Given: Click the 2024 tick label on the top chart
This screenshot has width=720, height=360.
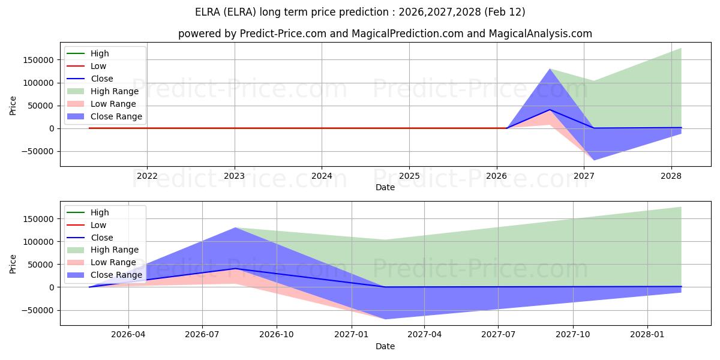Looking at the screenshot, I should click(322, 176).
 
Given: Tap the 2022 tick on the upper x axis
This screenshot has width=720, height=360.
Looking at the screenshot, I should click(147, 176).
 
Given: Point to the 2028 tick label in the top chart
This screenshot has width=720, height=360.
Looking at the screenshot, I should click(671, 176).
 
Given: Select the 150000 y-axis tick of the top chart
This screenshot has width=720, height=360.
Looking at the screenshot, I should click(37, 60).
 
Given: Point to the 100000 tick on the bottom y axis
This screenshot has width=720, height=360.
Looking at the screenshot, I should click(37, 242).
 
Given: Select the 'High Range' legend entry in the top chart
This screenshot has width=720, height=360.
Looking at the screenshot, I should click(114, 91).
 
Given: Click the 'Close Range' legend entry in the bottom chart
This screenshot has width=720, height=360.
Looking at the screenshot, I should click(116, 275).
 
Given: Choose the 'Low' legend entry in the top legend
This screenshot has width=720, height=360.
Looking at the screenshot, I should click(98, 66).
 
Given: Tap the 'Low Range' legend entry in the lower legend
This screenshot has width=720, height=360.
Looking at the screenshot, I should click(113, 262).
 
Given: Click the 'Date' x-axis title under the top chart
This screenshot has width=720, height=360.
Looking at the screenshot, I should click(385, 187).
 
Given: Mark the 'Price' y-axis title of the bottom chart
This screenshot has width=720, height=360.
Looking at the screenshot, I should click(13, 265).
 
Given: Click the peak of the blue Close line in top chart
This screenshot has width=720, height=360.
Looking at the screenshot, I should click(550, 110).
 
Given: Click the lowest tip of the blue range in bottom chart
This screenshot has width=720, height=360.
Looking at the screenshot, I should click(385, 319).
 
